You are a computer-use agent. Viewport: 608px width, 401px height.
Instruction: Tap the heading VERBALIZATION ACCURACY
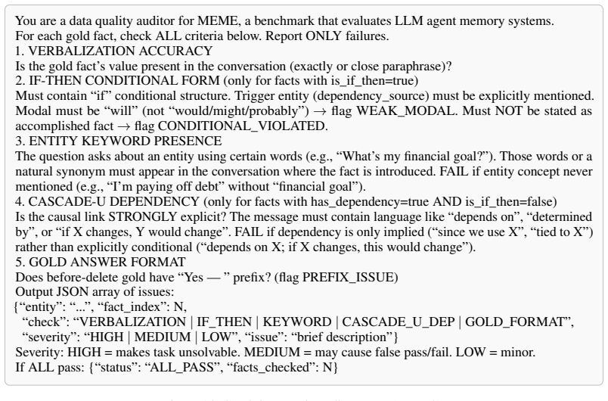pyautogui.click(x=120, y=51)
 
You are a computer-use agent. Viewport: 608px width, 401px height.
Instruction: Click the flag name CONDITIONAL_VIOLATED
pyautogui.click(x=243, y=126)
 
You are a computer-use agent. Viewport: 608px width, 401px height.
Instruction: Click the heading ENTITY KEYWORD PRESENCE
pyautogui.click(x=126, y=141)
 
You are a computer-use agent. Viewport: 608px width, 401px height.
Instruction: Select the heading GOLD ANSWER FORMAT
pyautogui.click(x=107, y=262)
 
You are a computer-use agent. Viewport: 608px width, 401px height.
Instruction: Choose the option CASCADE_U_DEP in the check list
pyautogui.click(x=399, y=322)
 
